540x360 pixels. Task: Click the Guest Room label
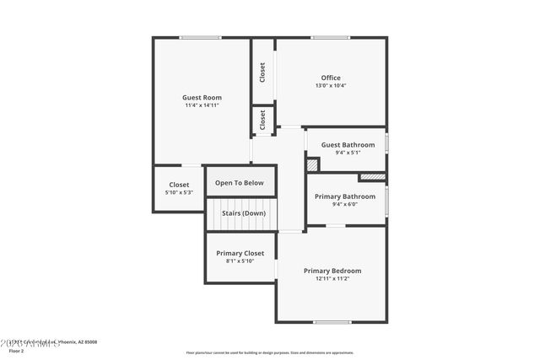pos(202,97)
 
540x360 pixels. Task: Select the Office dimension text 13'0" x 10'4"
pos(331,85)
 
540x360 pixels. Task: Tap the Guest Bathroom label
pos(348,145)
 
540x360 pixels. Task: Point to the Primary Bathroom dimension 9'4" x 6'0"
pos(345,204)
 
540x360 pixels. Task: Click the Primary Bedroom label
pos(332,271)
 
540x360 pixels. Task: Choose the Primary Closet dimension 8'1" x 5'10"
pos(240,261)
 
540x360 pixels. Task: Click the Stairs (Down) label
pos(244,213)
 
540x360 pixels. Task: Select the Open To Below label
pos(240,183)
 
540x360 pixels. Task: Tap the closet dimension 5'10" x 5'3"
pos(179,192)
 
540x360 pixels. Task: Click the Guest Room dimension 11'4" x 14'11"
pos(202,105)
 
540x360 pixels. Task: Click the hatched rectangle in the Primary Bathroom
pos(371,177)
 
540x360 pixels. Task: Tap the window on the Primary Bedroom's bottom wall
pos(332,322)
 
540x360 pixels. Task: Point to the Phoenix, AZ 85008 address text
pos(74,342)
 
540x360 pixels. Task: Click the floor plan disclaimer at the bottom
pos(269,352)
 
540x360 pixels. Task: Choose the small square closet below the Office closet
pos(262,120)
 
